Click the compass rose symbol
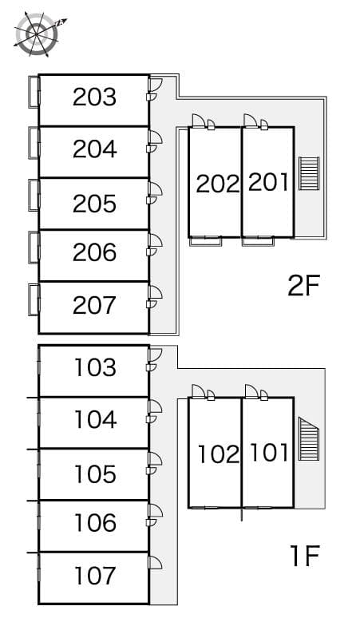(37, 34)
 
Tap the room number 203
(94, 97)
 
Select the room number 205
(94, 204)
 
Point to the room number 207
(94, 305)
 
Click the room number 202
(218, 184)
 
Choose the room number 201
(268, 182)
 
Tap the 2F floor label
(303, 286)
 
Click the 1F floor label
(304, 556)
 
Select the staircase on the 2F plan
(309, 173)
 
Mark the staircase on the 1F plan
(309, 438)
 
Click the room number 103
(95, 367)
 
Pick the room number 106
(95, 522)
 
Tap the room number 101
(270, 452)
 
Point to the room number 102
(219, 454)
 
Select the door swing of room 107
(155, 562)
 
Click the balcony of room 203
(34, 91)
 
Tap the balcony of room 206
(34, 248)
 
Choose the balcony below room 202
(205, 241)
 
